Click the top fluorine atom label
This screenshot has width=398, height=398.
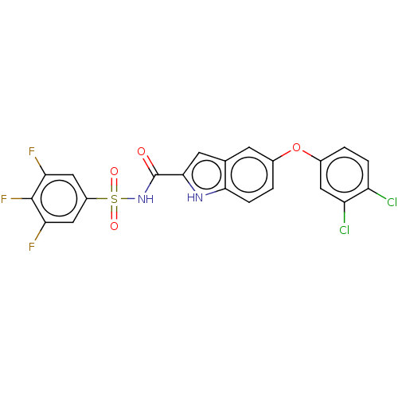tap(32, 151)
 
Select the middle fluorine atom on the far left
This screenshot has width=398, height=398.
tap(4, 199)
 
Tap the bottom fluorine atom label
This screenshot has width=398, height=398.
tap(32, 247)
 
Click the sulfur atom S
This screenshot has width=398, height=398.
tap(114, 199)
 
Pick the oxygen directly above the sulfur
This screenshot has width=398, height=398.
tap(114, 171)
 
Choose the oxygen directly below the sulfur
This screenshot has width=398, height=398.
tap(114, 226)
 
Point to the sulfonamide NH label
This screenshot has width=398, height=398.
tap(146, 199)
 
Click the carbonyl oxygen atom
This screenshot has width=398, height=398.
tap(142, 151)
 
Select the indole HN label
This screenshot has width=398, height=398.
tap(195, 197)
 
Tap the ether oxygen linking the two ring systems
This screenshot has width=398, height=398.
tap(296, 147)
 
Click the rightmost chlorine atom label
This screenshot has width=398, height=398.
tap(392, 202)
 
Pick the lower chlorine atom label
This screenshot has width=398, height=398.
tap(345, 230)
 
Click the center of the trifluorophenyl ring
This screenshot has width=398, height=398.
tap(59, 199)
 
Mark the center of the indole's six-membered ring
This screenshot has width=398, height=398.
tap(249, 174)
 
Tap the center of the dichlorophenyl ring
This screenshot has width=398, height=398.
tap(345, 174)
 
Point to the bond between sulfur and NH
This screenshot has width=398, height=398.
tap(128, 199)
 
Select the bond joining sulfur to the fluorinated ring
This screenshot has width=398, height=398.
tap(97, 199)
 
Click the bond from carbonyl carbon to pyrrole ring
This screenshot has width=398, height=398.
tap(170, 174)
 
